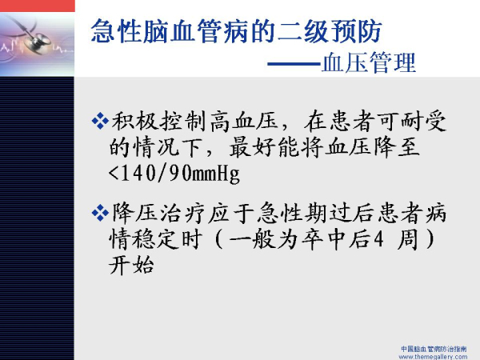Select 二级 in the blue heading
pos(302,31)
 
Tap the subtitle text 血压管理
pos(369,62)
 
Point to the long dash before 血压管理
pos(294,64)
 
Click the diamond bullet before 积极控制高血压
pos(100,121)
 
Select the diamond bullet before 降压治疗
pos(100,213)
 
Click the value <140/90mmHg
pos(174,174)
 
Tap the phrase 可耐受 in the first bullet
pos(411,122)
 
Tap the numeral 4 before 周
pos(379,239)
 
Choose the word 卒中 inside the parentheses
pos(324,239)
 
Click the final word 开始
pos(131,265)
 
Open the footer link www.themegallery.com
pos(433,357)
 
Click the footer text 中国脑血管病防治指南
pos(434,349)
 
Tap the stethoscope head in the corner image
pos(39,43)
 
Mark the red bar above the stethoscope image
pos(38,6)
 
